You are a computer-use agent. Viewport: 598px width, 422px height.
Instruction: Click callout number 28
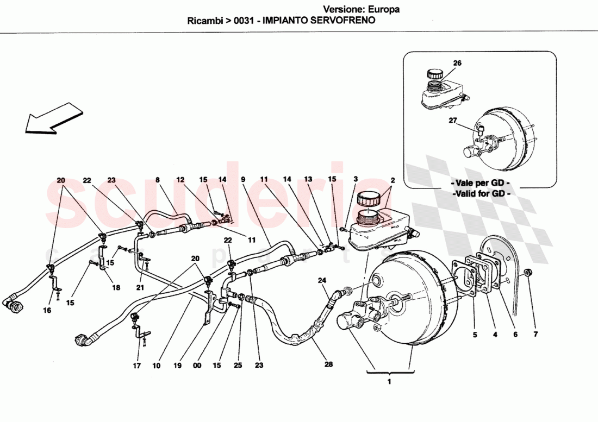click(328, 365)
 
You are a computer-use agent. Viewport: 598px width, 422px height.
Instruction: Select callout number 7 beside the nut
click(535, 335)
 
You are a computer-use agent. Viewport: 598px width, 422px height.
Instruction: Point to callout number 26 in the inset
click(457, 63)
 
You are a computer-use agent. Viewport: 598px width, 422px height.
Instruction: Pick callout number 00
click(197, 366)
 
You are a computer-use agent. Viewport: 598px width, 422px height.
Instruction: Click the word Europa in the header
click(383, 9)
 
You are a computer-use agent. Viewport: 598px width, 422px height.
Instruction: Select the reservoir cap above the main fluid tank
click(367, 199)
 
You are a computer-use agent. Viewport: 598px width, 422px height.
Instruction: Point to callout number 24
click(322, 280)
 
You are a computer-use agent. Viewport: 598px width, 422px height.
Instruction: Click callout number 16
click(47, 311)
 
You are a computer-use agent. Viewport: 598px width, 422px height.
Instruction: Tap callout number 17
click(137, 366)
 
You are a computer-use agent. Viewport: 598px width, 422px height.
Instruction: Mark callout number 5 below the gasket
click(475, 335)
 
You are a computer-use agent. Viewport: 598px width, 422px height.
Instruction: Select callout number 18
click(116, 288)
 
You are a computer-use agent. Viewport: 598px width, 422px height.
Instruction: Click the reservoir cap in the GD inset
click(434, 73)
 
